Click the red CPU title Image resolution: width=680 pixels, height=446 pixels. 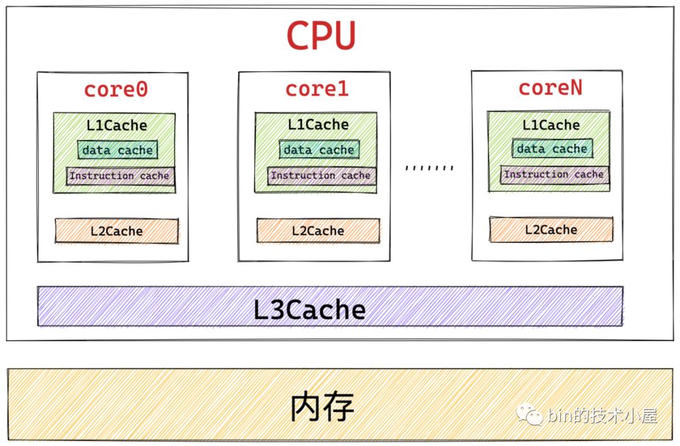pos(321,36)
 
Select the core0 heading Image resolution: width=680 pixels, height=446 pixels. pos(116,89)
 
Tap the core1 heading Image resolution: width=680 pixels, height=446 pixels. pos(317,89)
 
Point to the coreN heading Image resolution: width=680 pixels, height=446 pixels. pos(550,88)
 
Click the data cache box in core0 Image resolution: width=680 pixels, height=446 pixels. pos(117,150)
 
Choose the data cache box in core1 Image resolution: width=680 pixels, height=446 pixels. pos(319,150)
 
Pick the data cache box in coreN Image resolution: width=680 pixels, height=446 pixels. pos(552,149)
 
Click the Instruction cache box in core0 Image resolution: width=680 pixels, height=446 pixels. pos(120,176)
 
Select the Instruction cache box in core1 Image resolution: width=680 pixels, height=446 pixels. pos(320,175)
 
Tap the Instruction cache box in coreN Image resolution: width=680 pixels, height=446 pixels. pos(554,174)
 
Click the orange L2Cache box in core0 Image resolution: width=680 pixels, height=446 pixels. pos(116,231)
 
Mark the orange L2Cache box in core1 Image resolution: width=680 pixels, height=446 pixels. pos(318,231)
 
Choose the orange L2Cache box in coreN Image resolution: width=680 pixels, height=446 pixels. pos(551,229)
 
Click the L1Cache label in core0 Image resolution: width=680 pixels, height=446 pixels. pos(116,125)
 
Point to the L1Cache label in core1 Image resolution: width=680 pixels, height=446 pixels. pos(318,125)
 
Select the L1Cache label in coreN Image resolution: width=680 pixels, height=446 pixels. pos(551,125)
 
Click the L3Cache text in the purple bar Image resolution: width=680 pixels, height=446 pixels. pos(309,309)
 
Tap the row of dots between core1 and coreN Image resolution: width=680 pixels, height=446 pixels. pos(429,168)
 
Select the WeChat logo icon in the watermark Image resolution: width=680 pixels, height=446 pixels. pos(530,415)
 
